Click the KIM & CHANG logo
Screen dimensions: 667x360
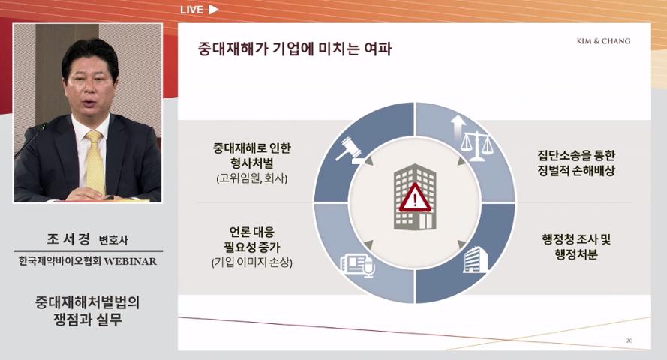604,41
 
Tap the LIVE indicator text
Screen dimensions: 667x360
191,10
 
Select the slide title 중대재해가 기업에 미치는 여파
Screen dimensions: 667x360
294,49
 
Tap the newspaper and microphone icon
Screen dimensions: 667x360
358,265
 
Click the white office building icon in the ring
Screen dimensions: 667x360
475,259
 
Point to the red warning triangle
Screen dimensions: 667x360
415,199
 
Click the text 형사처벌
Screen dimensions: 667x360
252,163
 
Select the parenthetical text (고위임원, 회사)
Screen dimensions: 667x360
252,178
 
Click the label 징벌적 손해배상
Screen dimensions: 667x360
576,171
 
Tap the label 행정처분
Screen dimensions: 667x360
576,254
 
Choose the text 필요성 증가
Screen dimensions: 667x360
252,247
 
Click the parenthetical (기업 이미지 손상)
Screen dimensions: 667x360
252,262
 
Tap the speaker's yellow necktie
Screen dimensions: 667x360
95,162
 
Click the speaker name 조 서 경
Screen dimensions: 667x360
68,238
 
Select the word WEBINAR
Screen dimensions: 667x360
130,261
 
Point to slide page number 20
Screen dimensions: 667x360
629,340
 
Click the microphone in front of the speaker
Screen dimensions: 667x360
31,141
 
